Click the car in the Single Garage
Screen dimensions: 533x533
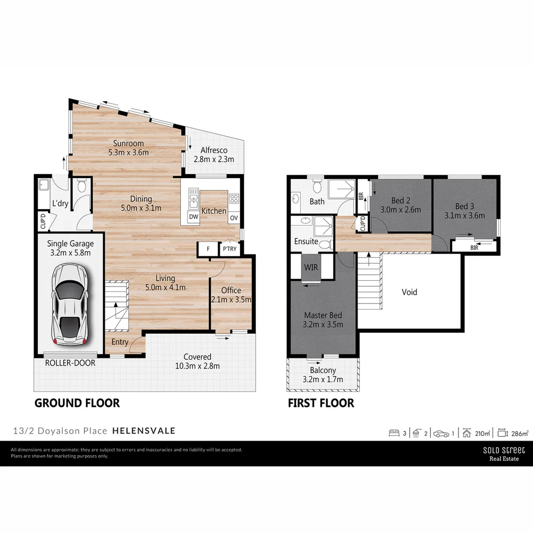pos(70,304)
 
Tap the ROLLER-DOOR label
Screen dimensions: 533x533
pos(70,363)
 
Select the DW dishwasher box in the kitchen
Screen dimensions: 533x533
pos(193,217)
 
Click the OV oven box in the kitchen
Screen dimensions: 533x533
pos(234,218)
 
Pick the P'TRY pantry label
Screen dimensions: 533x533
pos(229,249)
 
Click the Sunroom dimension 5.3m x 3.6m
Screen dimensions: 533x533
pos(128,152)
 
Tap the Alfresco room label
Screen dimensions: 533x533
pos(214,151)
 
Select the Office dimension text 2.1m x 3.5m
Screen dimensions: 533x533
pos(231,299)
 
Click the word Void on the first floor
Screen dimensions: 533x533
pos(409,292)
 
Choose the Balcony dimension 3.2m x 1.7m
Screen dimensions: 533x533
pos(323,379)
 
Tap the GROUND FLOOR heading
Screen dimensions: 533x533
pos(77,403)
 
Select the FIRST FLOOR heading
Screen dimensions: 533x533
pos(321,403)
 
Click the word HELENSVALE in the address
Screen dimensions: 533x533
pos(144,430)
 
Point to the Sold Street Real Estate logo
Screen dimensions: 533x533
pos(503,454)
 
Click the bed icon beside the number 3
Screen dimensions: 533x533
pos(394,433)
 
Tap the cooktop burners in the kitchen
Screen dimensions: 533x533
pos(234,199)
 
